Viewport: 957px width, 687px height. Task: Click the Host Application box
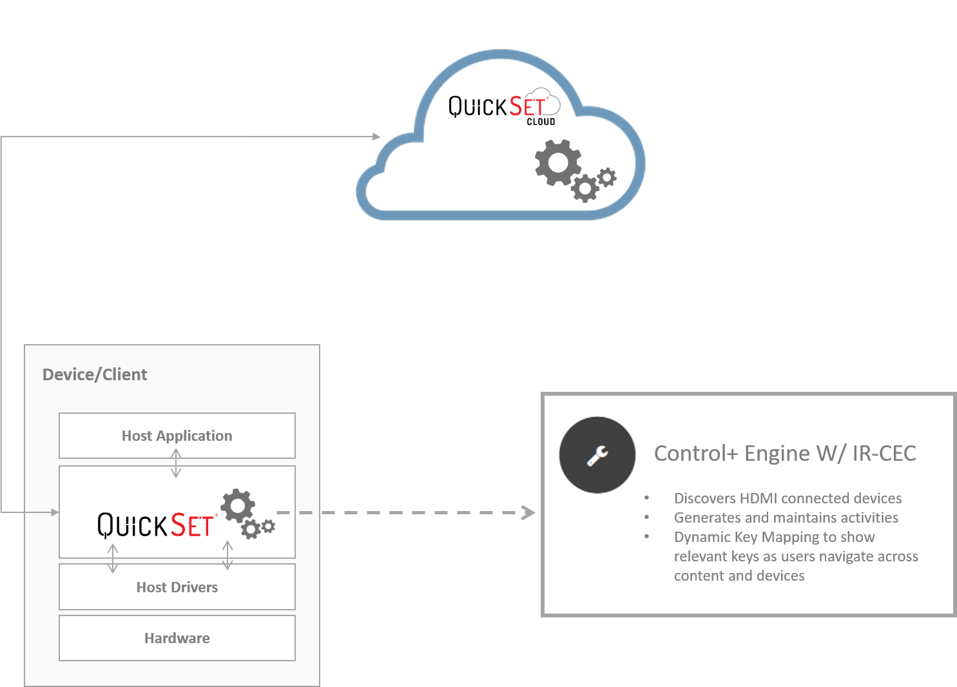pos(177,436)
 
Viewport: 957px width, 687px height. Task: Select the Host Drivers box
pos(177,587)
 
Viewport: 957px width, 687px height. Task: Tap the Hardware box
pos(177,638)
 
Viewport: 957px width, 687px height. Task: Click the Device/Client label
pos(95,374)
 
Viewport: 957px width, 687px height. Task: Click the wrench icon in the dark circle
pos(597,455)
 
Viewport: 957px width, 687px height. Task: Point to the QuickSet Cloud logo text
pos(496,106)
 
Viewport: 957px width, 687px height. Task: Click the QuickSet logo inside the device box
pos(155,525)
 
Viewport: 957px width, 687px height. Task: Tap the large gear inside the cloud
pos(557,162)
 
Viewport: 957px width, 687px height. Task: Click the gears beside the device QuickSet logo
pos(246,513)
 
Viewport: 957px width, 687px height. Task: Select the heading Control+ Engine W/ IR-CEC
pos(785,453)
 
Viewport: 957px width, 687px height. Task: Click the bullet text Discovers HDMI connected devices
pos(788,498)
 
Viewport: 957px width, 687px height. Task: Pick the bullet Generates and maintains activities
pos(786,518)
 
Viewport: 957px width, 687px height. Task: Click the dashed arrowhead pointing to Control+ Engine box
pos(528,512)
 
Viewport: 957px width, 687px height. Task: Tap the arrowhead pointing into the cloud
pos(376,137)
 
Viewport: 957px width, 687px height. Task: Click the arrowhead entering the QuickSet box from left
pos(55,512)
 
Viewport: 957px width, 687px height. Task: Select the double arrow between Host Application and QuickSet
pos(176,463)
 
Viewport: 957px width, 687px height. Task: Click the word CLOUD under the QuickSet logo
pos(541,122)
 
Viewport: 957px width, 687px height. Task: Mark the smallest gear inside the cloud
pos(606,177)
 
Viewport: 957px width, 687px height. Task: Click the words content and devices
pos(739,576)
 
